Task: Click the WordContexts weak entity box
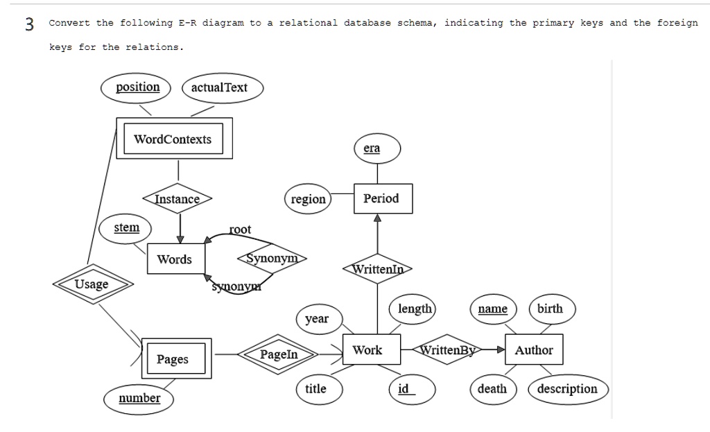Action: pos(173,139)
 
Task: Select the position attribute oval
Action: pos(137,87)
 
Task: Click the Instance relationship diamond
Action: pos(177,199)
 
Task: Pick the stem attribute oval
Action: pos(126,228)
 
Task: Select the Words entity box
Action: pos(175,259)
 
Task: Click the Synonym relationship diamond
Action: pos(272,259)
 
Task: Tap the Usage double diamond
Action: pos(92,284)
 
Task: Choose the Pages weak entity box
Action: pos(172,359)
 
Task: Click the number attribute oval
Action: pos(139,398)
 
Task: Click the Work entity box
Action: pos(367,350)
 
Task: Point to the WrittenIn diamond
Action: pos(378,269)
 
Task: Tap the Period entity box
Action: pos(382,198)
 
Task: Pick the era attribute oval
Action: pos(372,149)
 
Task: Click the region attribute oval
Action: pos(308,200)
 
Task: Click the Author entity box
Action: pos(533,350)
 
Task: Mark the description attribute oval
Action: pos(567,389)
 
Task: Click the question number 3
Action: pos(29,24)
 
